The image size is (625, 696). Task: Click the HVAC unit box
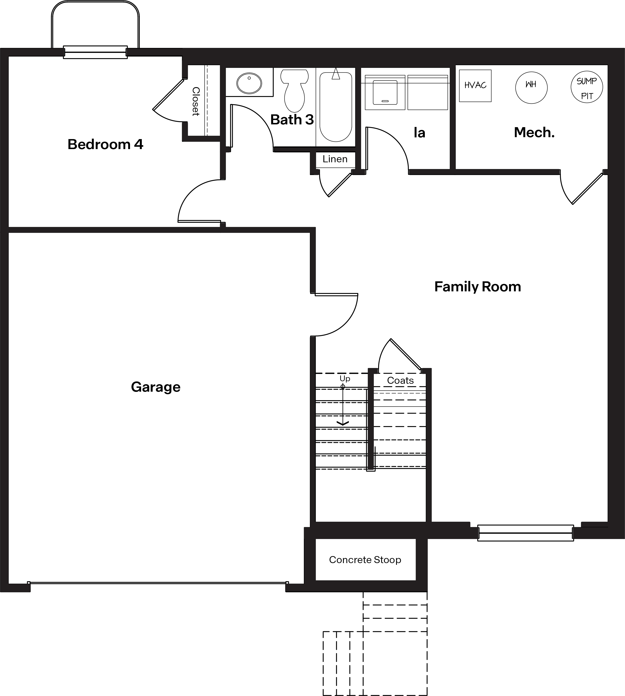point(475,86)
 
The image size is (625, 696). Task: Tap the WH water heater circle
point(531,88)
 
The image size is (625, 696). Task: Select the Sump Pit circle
point(587,87)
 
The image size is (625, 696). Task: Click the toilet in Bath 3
point(294,91)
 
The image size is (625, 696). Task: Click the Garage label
point(156,387)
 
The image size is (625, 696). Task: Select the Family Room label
point(477,287)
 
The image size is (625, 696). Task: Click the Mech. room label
point(534,132)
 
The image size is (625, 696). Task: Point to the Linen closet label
point(335,159)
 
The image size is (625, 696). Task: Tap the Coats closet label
point(400,380)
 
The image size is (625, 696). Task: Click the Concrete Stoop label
point(365,560)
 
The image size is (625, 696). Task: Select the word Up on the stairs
point(345,378)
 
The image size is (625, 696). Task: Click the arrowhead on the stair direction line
point(343,423)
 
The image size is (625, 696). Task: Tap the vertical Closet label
point(196,102)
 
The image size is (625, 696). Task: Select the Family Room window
point(525,533)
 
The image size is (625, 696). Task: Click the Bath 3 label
point(292,120)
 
